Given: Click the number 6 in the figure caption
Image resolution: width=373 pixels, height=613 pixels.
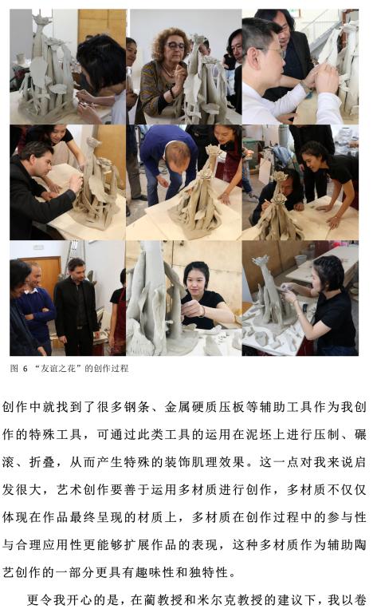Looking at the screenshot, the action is click(x=25, y=368).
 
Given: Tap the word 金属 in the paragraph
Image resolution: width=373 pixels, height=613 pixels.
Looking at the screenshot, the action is click(x=177, y=407).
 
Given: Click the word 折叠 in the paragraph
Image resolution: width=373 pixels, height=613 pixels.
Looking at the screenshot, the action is click(x=43, y=462).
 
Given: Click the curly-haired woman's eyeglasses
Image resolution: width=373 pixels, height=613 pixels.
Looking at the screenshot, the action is click(x=175, y=45).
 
